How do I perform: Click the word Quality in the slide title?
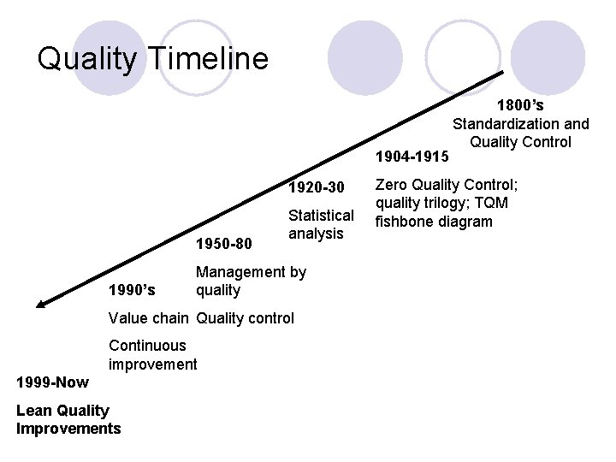coord(86,58)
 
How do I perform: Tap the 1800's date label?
coord(520,106)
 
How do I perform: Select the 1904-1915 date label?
coord(412,157)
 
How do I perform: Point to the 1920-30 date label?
coord(317,187)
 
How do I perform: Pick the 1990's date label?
coord(133,290)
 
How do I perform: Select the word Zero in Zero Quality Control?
coord(393,184)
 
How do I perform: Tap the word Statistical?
coord(321,215)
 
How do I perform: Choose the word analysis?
coord(316,233)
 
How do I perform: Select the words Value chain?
coord(148,318)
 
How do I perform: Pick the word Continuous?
coord(147,346)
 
